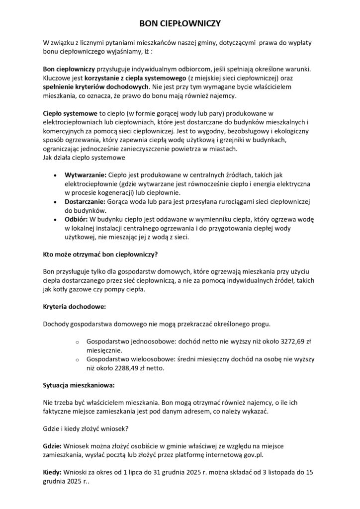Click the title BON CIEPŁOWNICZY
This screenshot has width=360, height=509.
coord(180,23)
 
